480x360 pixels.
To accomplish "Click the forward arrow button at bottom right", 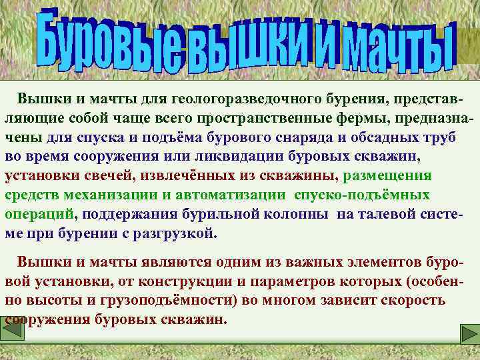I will point(468,333).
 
